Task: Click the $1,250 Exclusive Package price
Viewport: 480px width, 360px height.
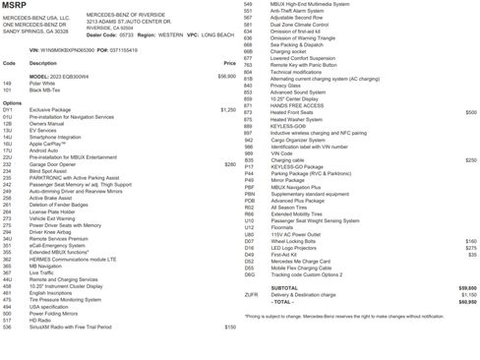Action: [x=228, y=109]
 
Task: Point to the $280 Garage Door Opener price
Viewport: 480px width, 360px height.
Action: [x=230, y=164]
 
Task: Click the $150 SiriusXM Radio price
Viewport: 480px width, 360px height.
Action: [x=230, y=327]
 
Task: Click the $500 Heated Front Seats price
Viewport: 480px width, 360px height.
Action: [x=470, y=113]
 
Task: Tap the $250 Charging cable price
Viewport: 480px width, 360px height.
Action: [x=470, y=159]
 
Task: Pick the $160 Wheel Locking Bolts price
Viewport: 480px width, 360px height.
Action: [x=470, y=241]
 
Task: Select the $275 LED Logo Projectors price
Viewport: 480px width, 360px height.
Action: [x=470, y=248]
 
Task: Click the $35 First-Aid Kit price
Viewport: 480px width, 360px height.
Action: [x=472, y=255]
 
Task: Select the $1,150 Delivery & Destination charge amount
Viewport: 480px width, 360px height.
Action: [x=468, y=295]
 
